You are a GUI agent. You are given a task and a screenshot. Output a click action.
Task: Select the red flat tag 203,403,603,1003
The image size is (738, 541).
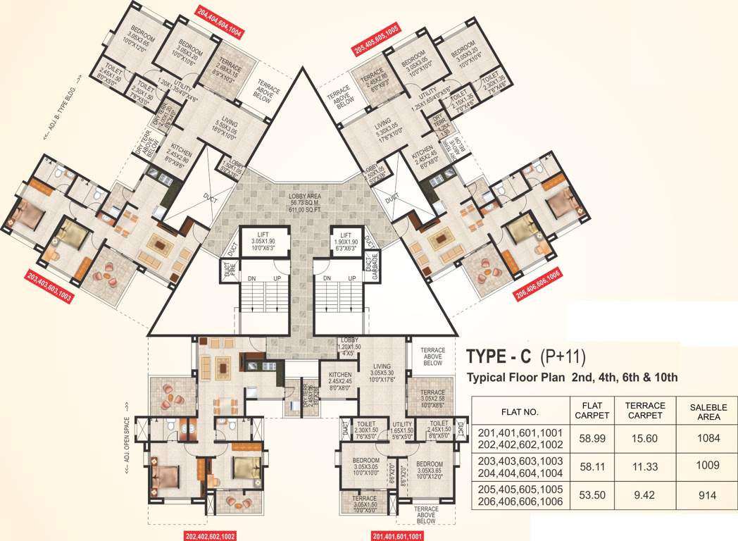point(50,284)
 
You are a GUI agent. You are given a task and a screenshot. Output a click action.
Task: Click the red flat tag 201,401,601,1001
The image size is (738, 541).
point(399,535)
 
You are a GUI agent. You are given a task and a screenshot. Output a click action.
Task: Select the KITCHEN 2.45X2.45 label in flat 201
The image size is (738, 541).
point(337,381)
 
